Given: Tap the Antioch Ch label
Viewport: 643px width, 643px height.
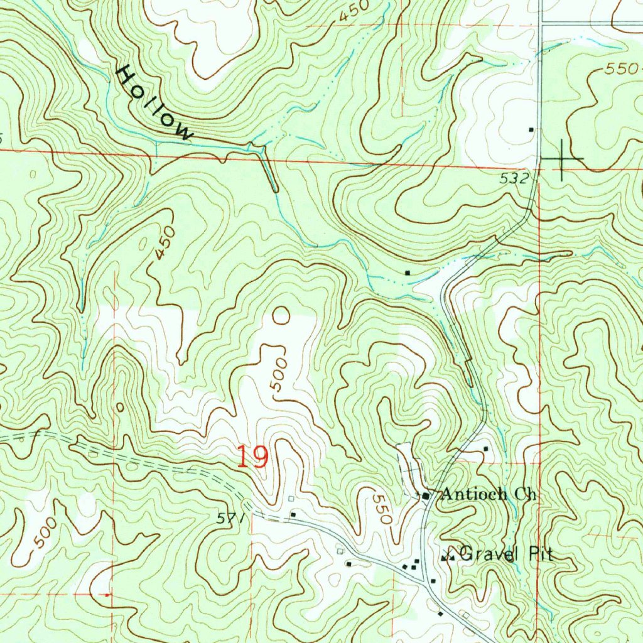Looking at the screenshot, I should (x=489, y=494).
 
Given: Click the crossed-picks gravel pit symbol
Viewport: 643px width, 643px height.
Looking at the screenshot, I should (x=448, y=556).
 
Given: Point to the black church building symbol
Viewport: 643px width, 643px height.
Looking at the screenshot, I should (x=426, y=496).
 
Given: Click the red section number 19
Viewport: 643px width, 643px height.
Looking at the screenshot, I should (x=252, y=457).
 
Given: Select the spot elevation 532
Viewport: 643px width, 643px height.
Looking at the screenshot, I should (x=513, y=178).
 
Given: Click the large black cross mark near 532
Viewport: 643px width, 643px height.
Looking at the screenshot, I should (x=561, y=159).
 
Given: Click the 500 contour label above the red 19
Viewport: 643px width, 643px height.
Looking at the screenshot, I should (x=280, y=375).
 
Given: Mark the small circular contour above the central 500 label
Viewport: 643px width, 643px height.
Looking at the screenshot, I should (x=281, y=315).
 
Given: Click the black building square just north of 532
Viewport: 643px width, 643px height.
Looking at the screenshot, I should (x=531, y=130).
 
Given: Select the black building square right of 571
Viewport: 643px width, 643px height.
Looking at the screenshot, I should (x=293, y=515).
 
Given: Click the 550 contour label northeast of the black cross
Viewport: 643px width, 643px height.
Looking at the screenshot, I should (x=622, y=70).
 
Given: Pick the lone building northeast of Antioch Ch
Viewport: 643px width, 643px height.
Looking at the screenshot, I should (x=485, y=449).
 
